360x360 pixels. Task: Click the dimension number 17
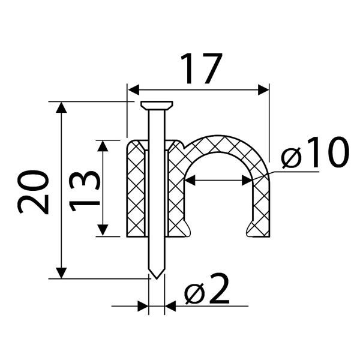(202, 68)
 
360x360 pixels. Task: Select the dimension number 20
(33, 192)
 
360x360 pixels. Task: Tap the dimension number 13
(85, 191)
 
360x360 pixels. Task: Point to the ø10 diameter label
(315, 152)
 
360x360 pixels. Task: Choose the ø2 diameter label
(207, 289)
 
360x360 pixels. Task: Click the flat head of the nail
(157, 105)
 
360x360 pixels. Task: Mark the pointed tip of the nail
(157, 278)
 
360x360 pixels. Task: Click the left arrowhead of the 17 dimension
(134, 89)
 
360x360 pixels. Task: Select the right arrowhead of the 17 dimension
(263, 89)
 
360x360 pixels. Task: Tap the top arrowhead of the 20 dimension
(61, 107)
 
